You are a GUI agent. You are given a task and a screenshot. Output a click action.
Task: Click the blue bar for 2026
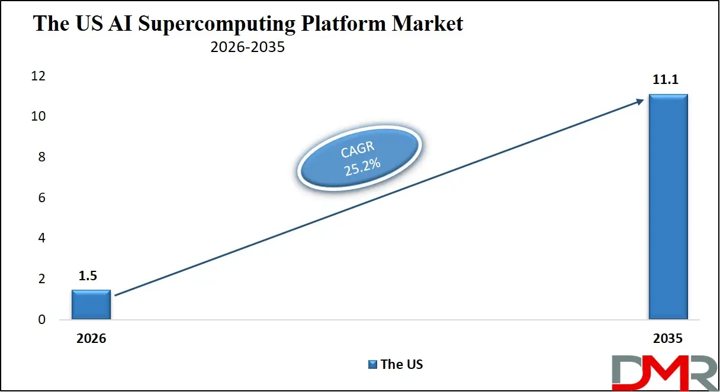[x=91, y=304]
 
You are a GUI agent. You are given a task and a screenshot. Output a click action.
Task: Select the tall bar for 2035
[x=668, y=207]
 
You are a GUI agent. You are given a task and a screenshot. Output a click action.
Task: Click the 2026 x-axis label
[x=91, y=339]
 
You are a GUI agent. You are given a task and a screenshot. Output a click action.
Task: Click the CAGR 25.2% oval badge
[x=360, y=158]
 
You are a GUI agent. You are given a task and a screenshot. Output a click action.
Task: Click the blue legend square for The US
[x=372, y=365]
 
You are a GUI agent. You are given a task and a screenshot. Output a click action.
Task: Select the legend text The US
[x=402, y=365]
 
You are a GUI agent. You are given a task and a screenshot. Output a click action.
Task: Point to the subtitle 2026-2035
[x=247, y=47]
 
